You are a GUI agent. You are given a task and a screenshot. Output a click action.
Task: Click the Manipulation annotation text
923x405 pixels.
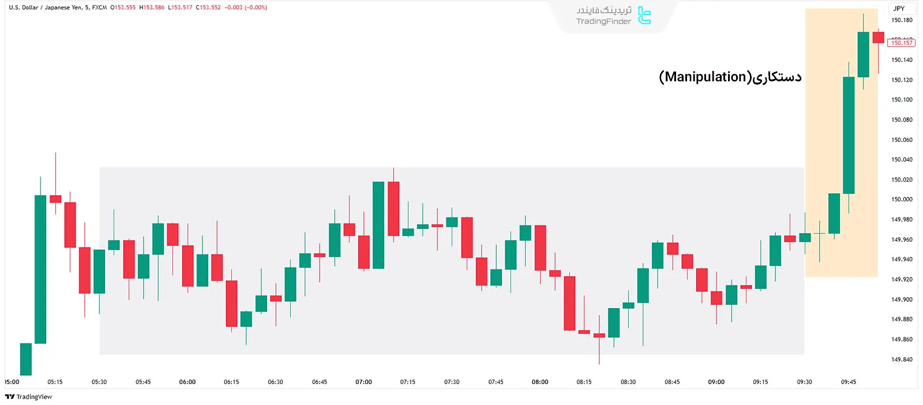tap(730, 77)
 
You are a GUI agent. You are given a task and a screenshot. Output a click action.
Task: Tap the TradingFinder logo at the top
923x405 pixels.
tap(613, 16)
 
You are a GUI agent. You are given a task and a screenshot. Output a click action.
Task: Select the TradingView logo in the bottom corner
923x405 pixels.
tap(29, 397)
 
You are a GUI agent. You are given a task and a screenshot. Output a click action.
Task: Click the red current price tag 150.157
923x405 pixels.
tap(901, 43)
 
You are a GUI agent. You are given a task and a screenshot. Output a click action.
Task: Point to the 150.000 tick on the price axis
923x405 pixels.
tap(902, 199)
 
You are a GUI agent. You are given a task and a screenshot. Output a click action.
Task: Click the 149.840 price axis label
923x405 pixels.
tap(902, 359)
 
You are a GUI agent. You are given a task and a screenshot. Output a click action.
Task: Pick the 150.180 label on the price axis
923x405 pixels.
tap(902, 20)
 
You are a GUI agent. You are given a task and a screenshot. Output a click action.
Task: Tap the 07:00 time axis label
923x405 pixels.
tap(363, 382)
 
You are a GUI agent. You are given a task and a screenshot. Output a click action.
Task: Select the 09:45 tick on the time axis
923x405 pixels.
tap(849, 382)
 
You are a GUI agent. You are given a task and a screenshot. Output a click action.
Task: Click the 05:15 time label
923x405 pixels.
tap(55, 382)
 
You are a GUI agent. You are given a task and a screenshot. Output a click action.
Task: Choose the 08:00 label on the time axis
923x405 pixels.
tap(540, 382)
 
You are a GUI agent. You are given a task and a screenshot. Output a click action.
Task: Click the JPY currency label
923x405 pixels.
tap(899, 8)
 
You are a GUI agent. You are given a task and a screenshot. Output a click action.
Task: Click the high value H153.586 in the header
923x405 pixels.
tap(152, 7)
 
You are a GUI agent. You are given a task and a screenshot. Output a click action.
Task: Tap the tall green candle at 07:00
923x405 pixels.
tap(378, 225)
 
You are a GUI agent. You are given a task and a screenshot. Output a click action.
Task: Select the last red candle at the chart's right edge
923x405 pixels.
tap(878, 37)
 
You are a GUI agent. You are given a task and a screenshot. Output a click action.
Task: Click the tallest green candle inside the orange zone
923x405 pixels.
tap(849, 135)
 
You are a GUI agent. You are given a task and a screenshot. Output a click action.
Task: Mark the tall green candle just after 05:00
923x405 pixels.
tap(40, 269)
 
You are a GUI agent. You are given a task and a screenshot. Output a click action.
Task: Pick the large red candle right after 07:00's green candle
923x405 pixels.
tap(393, 208)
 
